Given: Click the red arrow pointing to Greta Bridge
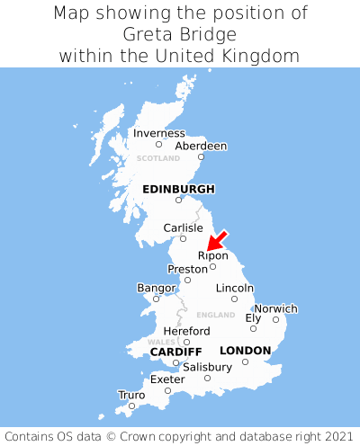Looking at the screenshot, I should coord(217,239).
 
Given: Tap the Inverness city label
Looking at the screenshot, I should coord(158,133).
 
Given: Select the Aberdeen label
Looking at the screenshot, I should coord(201,146).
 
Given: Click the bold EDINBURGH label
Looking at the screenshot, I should coord(178,189).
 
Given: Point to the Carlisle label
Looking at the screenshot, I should coord(183,227).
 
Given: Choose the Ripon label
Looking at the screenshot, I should coord(213,255).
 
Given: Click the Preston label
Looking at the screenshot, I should coord(187,269).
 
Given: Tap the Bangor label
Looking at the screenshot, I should coord(156,288).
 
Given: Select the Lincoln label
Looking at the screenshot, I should coord(235,288).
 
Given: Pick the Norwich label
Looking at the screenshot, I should coord(275,308).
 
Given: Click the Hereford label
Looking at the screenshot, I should coord(186,331).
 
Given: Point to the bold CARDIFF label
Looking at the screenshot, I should coord(175,351).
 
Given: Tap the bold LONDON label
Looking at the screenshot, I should coord(245,350).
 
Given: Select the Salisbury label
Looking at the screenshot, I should coord(207,367).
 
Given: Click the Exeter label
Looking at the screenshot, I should coord(167,379).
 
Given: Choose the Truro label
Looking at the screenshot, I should coord(131,395).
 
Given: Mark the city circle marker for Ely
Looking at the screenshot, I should coord(253,328).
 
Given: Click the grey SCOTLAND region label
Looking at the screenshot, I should coord(158,158).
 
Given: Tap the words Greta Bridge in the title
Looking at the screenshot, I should coord(180,35).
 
